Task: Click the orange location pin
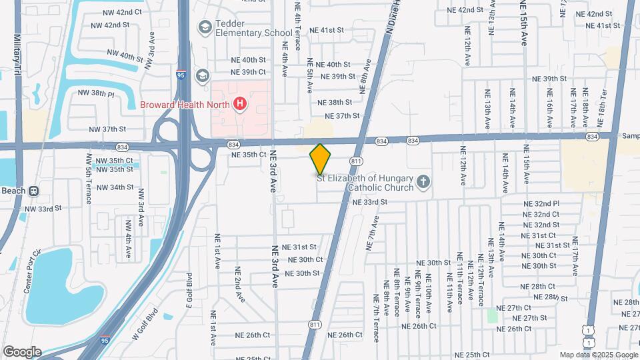(320, 159)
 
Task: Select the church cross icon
(422, 182)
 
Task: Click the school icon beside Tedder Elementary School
(204, 27)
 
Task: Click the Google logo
(22, 352)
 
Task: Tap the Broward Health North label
(184, 105)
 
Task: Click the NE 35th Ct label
(249, 154)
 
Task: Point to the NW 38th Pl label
(96, 93)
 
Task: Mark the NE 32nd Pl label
(541, 203)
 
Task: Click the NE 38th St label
(335, 103)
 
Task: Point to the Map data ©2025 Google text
(598, 355)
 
